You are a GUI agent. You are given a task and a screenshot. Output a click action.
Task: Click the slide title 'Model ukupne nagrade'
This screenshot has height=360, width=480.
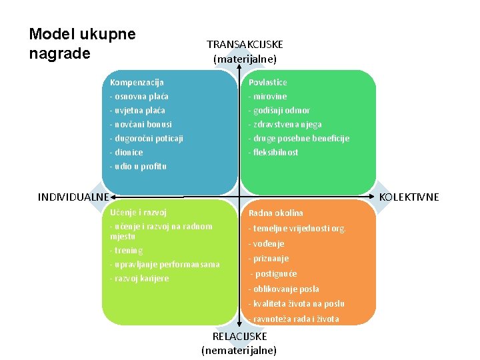pos(82,43)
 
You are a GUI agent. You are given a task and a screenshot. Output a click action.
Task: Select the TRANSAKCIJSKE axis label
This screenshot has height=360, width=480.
pos(245,45)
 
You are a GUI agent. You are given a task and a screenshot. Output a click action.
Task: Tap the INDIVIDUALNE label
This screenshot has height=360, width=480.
pos(73,197)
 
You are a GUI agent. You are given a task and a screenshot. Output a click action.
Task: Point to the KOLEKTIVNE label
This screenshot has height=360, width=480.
pos(409,197)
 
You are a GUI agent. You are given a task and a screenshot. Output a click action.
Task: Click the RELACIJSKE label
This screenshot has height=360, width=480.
pos(239,337)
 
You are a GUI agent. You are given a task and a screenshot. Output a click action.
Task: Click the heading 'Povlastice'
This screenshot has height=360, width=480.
pos(267,83)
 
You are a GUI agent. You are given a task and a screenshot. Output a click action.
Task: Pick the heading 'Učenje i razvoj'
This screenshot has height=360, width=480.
pos(138,213)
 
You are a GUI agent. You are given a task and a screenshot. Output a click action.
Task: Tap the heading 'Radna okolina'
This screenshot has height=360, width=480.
pos(275,213)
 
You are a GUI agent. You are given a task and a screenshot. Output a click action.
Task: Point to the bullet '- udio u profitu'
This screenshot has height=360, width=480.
pos(138,167)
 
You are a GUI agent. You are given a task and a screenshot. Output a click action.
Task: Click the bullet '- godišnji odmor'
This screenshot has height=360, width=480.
pos(279,111)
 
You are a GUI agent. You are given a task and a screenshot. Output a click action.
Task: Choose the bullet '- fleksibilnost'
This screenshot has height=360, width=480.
pos(273,153)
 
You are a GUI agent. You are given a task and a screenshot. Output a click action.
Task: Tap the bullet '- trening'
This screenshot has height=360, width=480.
pos(126,251)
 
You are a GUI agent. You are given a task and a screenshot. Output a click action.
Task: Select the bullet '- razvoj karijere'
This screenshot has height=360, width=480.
pos(139,279)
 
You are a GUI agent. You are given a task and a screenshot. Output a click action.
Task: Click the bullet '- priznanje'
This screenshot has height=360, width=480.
pos(268,259)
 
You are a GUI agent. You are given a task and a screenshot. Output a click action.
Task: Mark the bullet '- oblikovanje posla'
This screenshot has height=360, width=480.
pos(283,289)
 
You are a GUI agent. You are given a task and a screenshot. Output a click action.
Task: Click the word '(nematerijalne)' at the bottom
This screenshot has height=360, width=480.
pos(239,351)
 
